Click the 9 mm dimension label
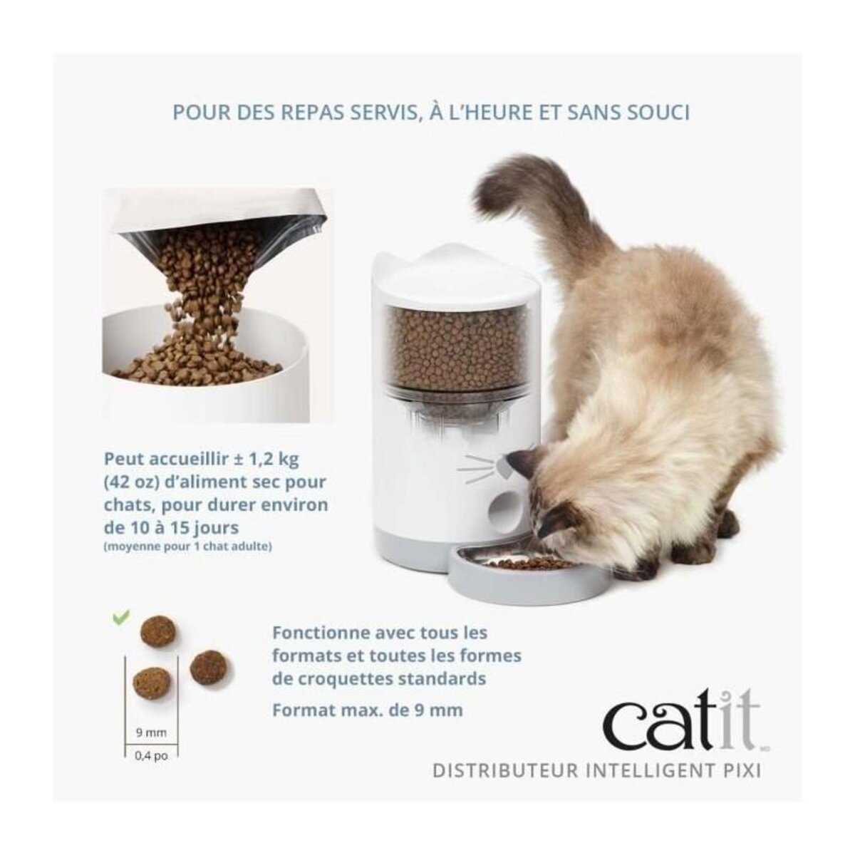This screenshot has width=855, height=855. tap(150, 731)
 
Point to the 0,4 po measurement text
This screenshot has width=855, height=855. tap(150, 757)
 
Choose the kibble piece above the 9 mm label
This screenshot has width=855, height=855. tap(147, 683)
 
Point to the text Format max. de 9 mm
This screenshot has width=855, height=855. tap(368, 710)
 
